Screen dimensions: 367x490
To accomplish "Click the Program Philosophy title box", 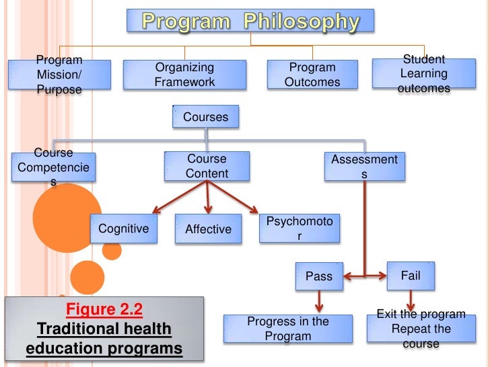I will click(x=251, y=22).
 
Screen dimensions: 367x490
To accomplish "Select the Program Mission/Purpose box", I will click(x=59, y=75).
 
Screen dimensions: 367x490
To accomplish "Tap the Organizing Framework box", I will click(x=184, y=75).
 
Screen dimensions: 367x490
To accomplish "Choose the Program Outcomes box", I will click(x=312, y=75).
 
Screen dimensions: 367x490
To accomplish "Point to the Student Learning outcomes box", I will click(x=423, y=74).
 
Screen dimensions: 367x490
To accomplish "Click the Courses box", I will click(x=205, y=117).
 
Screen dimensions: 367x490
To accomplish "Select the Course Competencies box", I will click(x=53, y=167).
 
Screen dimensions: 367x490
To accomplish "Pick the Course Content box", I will click(x=207, y=166).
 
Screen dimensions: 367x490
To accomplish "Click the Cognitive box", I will click(x=123, y=229).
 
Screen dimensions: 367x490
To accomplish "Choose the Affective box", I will click(x=208, y=229).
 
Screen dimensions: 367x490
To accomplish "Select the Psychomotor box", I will click(x=300, y=229).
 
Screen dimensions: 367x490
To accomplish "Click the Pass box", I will click(x=318, y=276).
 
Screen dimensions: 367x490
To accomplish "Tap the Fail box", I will click(x=410, y=276).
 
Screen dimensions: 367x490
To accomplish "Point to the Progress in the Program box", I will click(x=288, y=329).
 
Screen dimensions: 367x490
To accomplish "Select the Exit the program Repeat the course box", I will click(x=421, y=329).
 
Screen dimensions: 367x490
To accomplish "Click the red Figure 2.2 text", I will click(x=104, y=311).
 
